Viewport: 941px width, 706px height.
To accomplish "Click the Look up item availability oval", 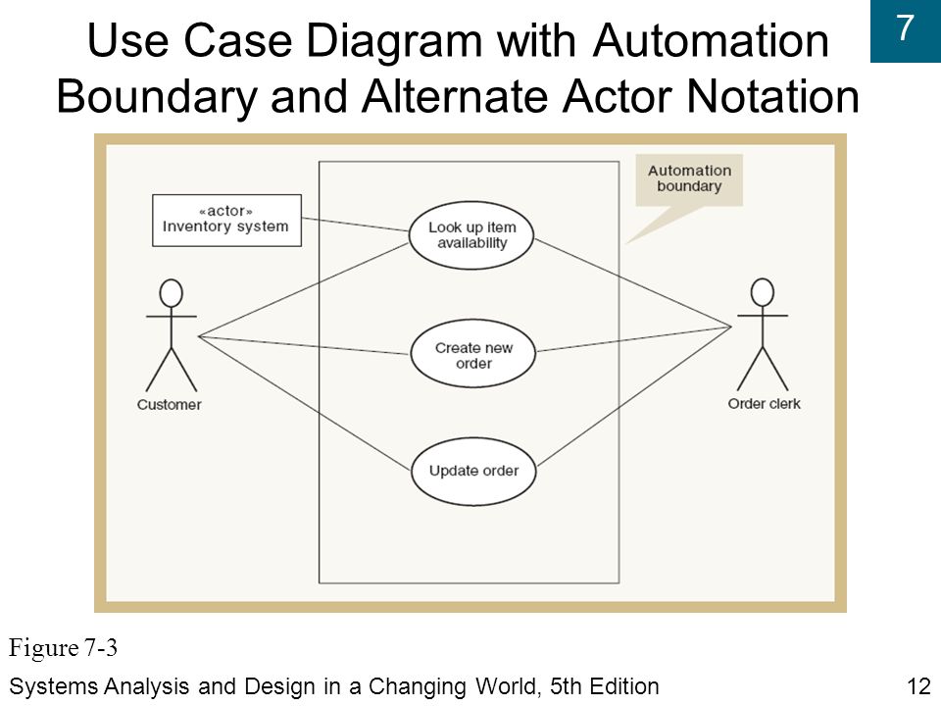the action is (471, 235).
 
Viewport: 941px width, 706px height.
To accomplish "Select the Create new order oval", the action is (472, 354).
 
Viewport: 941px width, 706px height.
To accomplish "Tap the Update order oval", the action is (473, 472).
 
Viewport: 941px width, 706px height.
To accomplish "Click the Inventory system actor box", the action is (226, 221).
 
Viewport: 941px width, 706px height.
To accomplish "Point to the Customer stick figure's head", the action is (171, 294).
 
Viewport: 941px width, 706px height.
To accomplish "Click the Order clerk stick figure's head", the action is (763, 293).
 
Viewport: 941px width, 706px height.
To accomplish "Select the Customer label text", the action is (170, 405).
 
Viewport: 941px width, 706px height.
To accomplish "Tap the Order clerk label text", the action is (764, 403).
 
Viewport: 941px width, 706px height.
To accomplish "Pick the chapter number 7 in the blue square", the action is (905, 28).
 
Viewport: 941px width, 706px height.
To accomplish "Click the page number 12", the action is (918, 686).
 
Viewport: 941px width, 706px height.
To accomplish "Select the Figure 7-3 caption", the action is (63, 648).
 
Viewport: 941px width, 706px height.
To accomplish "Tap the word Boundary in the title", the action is (157, 97).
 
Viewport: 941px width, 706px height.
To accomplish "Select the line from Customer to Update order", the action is (305, 403).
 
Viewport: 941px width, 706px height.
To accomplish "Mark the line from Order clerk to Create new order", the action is (634, 339).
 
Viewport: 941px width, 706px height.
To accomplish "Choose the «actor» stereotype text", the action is (225, 212).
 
